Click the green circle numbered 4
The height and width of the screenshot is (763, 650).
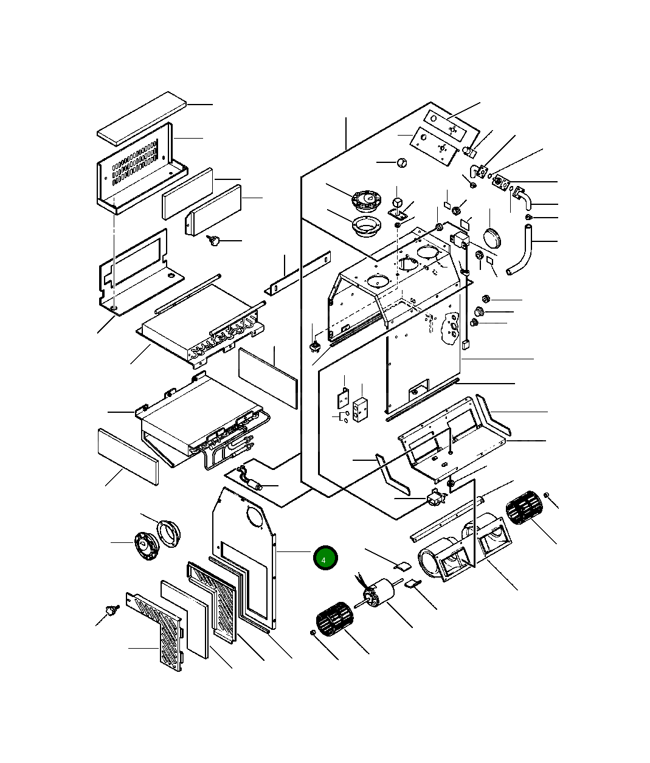coord(325,558)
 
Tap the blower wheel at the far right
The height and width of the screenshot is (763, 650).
coord(524,508)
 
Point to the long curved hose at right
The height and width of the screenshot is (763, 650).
coord(522,250)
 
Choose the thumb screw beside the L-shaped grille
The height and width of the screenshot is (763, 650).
coord(111,610)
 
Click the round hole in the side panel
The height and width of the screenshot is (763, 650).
coord(255,517)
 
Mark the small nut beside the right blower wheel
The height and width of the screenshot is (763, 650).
coord(547,495)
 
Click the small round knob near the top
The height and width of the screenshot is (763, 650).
coord(401,162)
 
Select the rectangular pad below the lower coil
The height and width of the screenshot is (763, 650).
coord(128,456)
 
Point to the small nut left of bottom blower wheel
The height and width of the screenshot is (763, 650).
coord(313,633)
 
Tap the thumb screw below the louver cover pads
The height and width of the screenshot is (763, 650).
coord(213,241)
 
